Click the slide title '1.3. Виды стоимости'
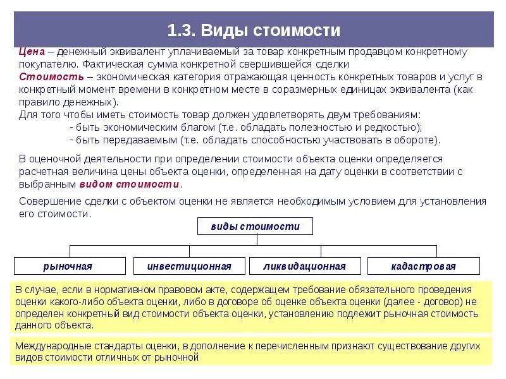tap(254, 30)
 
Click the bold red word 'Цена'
tap(30, 52)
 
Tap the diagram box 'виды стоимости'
tap(255, 226)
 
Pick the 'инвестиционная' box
tap(188, 266)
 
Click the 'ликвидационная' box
tap(305, 266)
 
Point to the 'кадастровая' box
tap(423, 266)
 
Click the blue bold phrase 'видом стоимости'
tap(130, 184)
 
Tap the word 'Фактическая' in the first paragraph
tap(109, 64)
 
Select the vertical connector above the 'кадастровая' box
tap(436, 251)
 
